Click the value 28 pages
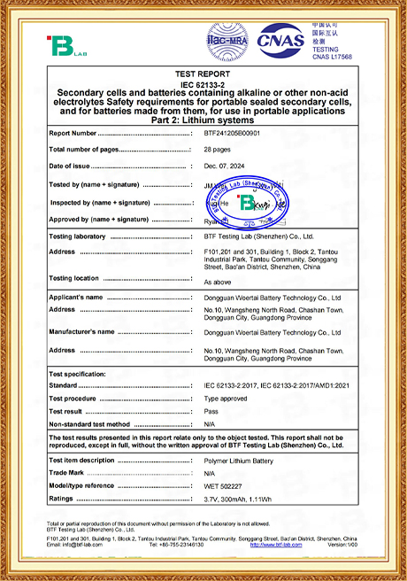pyautogui.click(x=219, y=150)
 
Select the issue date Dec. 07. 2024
pyautogui.click(x=225, y=166)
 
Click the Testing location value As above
pyautogui.click(x=218, y=281)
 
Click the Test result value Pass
pyautogui.click(x=211, y=412)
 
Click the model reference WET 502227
pyautogui.click(x=224, y=485)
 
